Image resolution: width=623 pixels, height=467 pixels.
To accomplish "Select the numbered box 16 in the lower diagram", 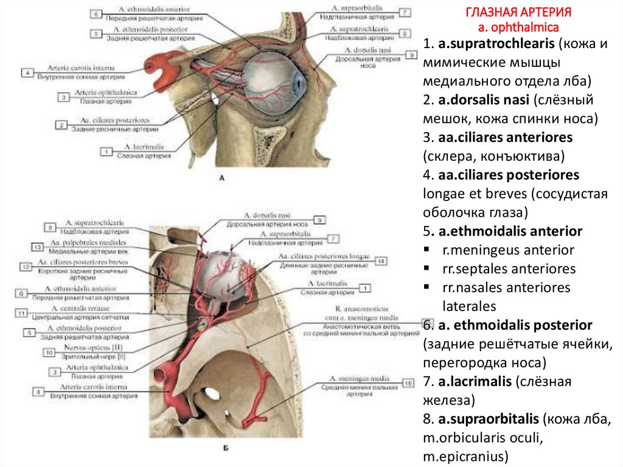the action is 408,383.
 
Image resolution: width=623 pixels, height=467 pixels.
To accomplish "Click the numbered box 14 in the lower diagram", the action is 381,261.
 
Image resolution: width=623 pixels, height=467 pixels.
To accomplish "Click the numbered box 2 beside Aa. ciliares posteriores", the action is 62,125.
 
